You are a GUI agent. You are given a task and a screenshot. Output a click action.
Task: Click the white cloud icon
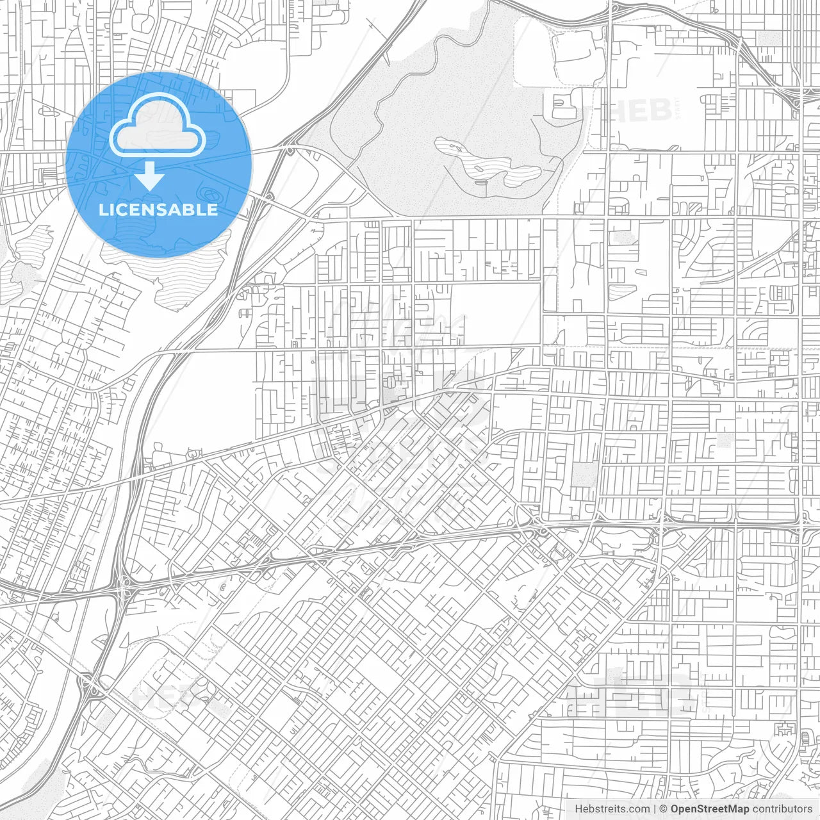158,128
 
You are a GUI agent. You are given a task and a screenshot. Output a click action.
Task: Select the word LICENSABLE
158,210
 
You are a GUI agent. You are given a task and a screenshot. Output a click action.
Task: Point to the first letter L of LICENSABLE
103,210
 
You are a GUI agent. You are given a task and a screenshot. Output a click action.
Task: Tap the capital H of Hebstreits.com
578,809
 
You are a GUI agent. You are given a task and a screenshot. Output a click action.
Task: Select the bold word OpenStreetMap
710,809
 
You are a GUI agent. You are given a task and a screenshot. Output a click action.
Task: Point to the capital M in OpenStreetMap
735,809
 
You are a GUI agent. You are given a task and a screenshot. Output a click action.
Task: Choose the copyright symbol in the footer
664,809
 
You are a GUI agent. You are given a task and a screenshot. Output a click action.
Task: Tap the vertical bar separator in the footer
655,809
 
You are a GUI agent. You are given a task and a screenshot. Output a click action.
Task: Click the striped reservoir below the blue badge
173,269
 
